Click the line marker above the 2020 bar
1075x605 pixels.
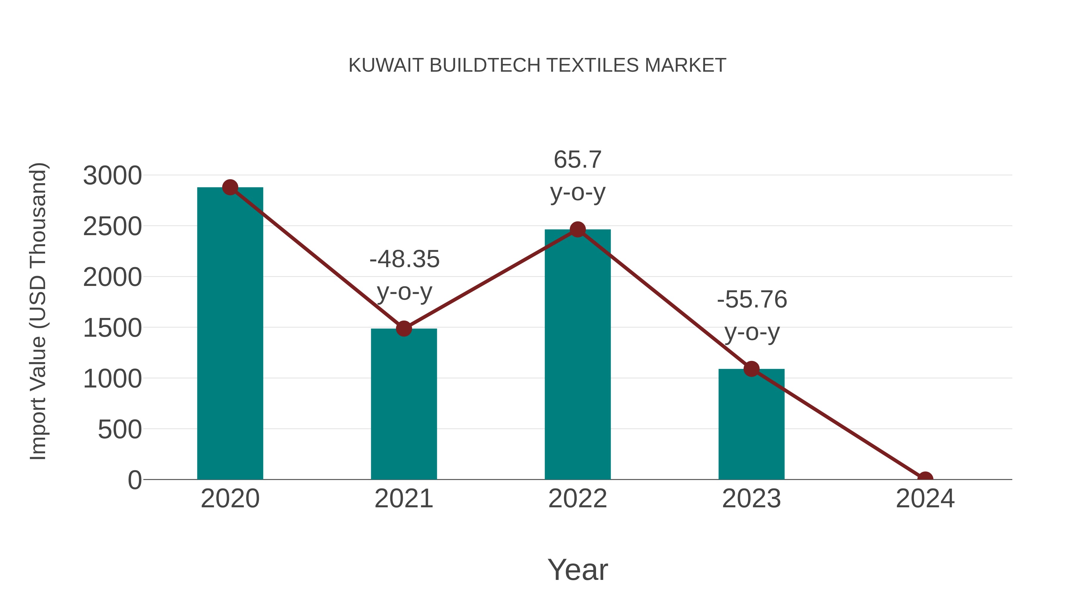click(230, 187)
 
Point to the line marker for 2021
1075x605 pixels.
click(403, 329)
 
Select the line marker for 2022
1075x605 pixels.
click(578, 229)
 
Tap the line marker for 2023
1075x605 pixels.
click(751, 369)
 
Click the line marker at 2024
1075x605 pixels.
click(925, 479)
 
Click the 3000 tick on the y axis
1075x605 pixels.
click(112, 175)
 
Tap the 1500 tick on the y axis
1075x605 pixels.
click(112, 328)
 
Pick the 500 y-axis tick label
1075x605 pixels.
click(120, 429)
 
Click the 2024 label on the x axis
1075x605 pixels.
click(925, 499)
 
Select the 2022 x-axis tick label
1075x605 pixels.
click(578, 499)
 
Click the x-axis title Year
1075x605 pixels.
click(578, 569)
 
